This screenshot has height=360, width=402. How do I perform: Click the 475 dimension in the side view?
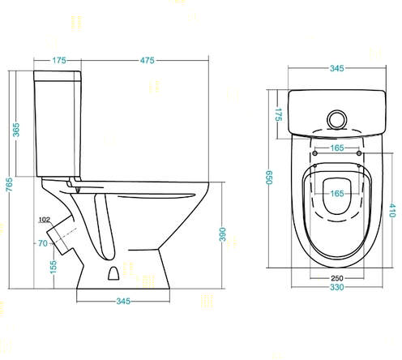pyautogui.click(x=148, y=60)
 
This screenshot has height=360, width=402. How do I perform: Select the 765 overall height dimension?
pyautogui.click(x=10, y=185)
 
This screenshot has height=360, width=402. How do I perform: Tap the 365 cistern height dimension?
pyautogui.click(x=16, y=130)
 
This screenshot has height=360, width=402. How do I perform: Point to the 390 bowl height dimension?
pyautogui.click(x=222, y=234)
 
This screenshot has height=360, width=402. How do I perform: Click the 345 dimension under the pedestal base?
pyautogui.click(x=123, y=301)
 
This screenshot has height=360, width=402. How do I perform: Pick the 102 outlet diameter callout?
pyautogui.click(x=45, y=220)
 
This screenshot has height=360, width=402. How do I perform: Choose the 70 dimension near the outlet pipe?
pyautogui.click(x=43, y=243)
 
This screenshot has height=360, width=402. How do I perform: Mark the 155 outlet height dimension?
pyautogui.click(x=53, y=267)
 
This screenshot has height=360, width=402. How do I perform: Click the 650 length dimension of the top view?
pyautogui.click(x=269, y=178)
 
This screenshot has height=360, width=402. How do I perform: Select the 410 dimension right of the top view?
pyautogui.click(x=392, y=211)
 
